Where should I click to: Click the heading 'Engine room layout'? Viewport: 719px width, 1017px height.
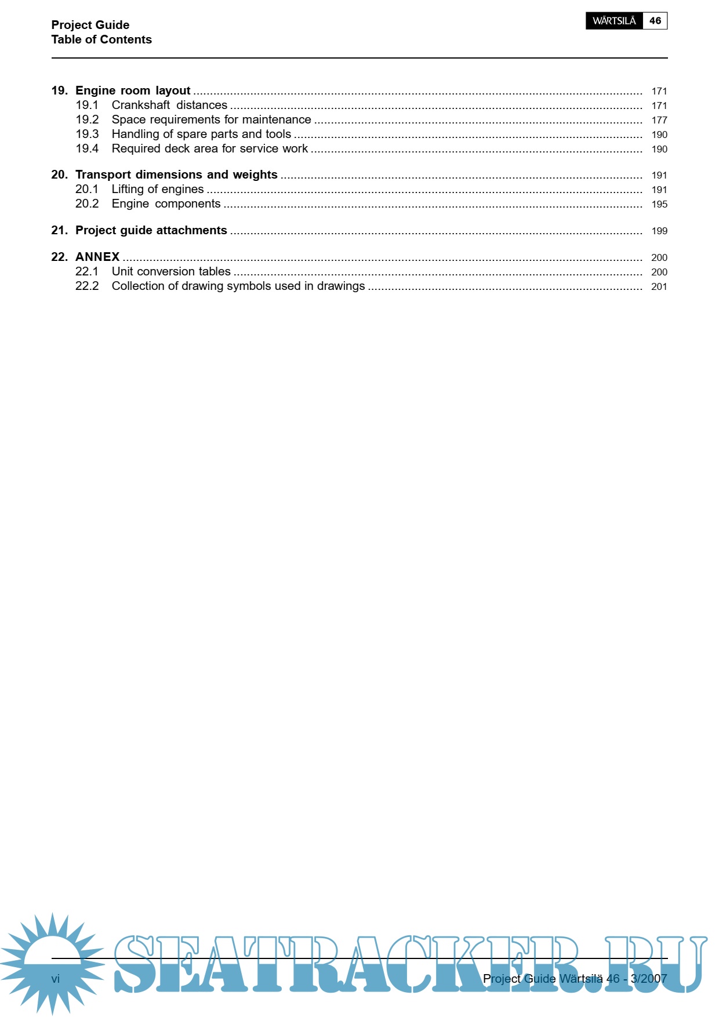click(133, 90)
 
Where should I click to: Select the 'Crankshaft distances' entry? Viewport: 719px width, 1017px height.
click(169, 105)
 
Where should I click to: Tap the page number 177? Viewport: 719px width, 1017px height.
click(659, 120)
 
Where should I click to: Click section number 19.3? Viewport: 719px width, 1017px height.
click(87, 134)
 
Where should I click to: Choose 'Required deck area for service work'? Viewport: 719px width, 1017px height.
click(209, 148)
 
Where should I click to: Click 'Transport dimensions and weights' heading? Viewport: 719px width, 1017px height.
click(176, 175)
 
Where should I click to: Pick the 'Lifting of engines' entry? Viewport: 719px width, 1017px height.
click(158, 189)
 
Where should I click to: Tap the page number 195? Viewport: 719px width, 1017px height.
click(659, 204)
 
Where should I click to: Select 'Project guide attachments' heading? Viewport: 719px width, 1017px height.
click(151, 230)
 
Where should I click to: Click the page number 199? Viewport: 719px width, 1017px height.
click(659, 231)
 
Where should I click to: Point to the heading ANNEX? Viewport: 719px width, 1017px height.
click(97, 257)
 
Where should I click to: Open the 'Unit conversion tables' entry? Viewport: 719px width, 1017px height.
click(171, 271)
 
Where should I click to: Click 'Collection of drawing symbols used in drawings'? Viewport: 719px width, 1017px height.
click(238, 286)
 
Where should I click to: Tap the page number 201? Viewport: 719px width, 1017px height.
click(659, 286)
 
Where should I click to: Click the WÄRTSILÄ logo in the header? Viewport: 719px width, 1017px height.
click(614, 21)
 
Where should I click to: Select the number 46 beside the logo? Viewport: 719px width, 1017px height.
click(655, 21)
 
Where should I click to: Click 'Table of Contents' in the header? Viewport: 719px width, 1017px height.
click(101, 39)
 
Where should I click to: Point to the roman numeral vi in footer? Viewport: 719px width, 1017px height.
click(56, 979)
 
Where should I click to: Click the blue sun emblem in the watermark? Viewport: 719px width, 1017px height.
click(52, 962)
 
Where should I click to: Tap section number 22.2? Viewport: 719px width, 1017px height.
click(87, 286)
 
